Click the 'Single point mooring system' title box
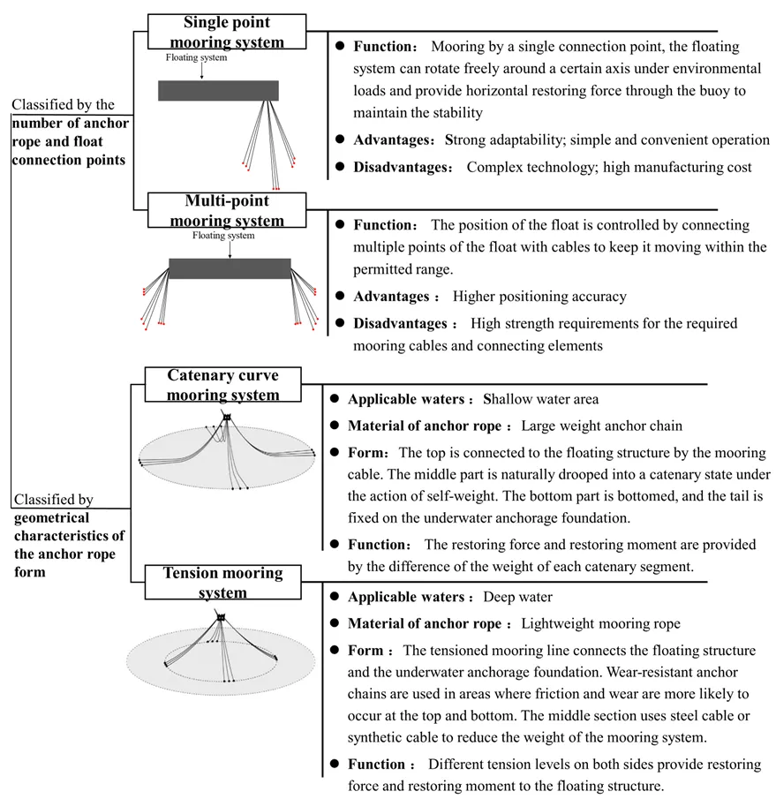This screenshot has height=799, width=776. [x=227, y=32]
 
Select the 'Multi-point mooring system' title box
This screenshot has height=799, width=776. [x=227, y=211]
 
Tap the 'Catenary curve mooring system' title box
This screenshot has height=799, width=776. [x=222, y=386]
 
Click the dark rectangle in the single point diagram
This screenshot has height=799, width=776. [x=218, y=90]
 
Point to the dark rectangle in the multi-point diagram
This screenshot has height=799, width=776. [x=230, y=268]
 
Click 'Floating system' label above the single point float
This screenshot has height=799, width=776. [x=196, y=58]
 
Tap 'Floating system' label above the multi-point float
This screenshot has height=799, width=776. [x=223, y=236]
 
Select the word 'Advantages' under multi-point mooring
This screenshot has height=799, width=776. [x=391, y=297]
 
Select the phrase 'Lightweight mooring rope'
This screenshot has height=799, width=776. [x=600, y=623]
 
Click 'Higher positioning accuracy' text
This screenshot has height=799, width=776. [x=539, y=297]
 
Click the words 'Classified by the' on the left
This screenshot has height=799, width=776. [x=63, y=105]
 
